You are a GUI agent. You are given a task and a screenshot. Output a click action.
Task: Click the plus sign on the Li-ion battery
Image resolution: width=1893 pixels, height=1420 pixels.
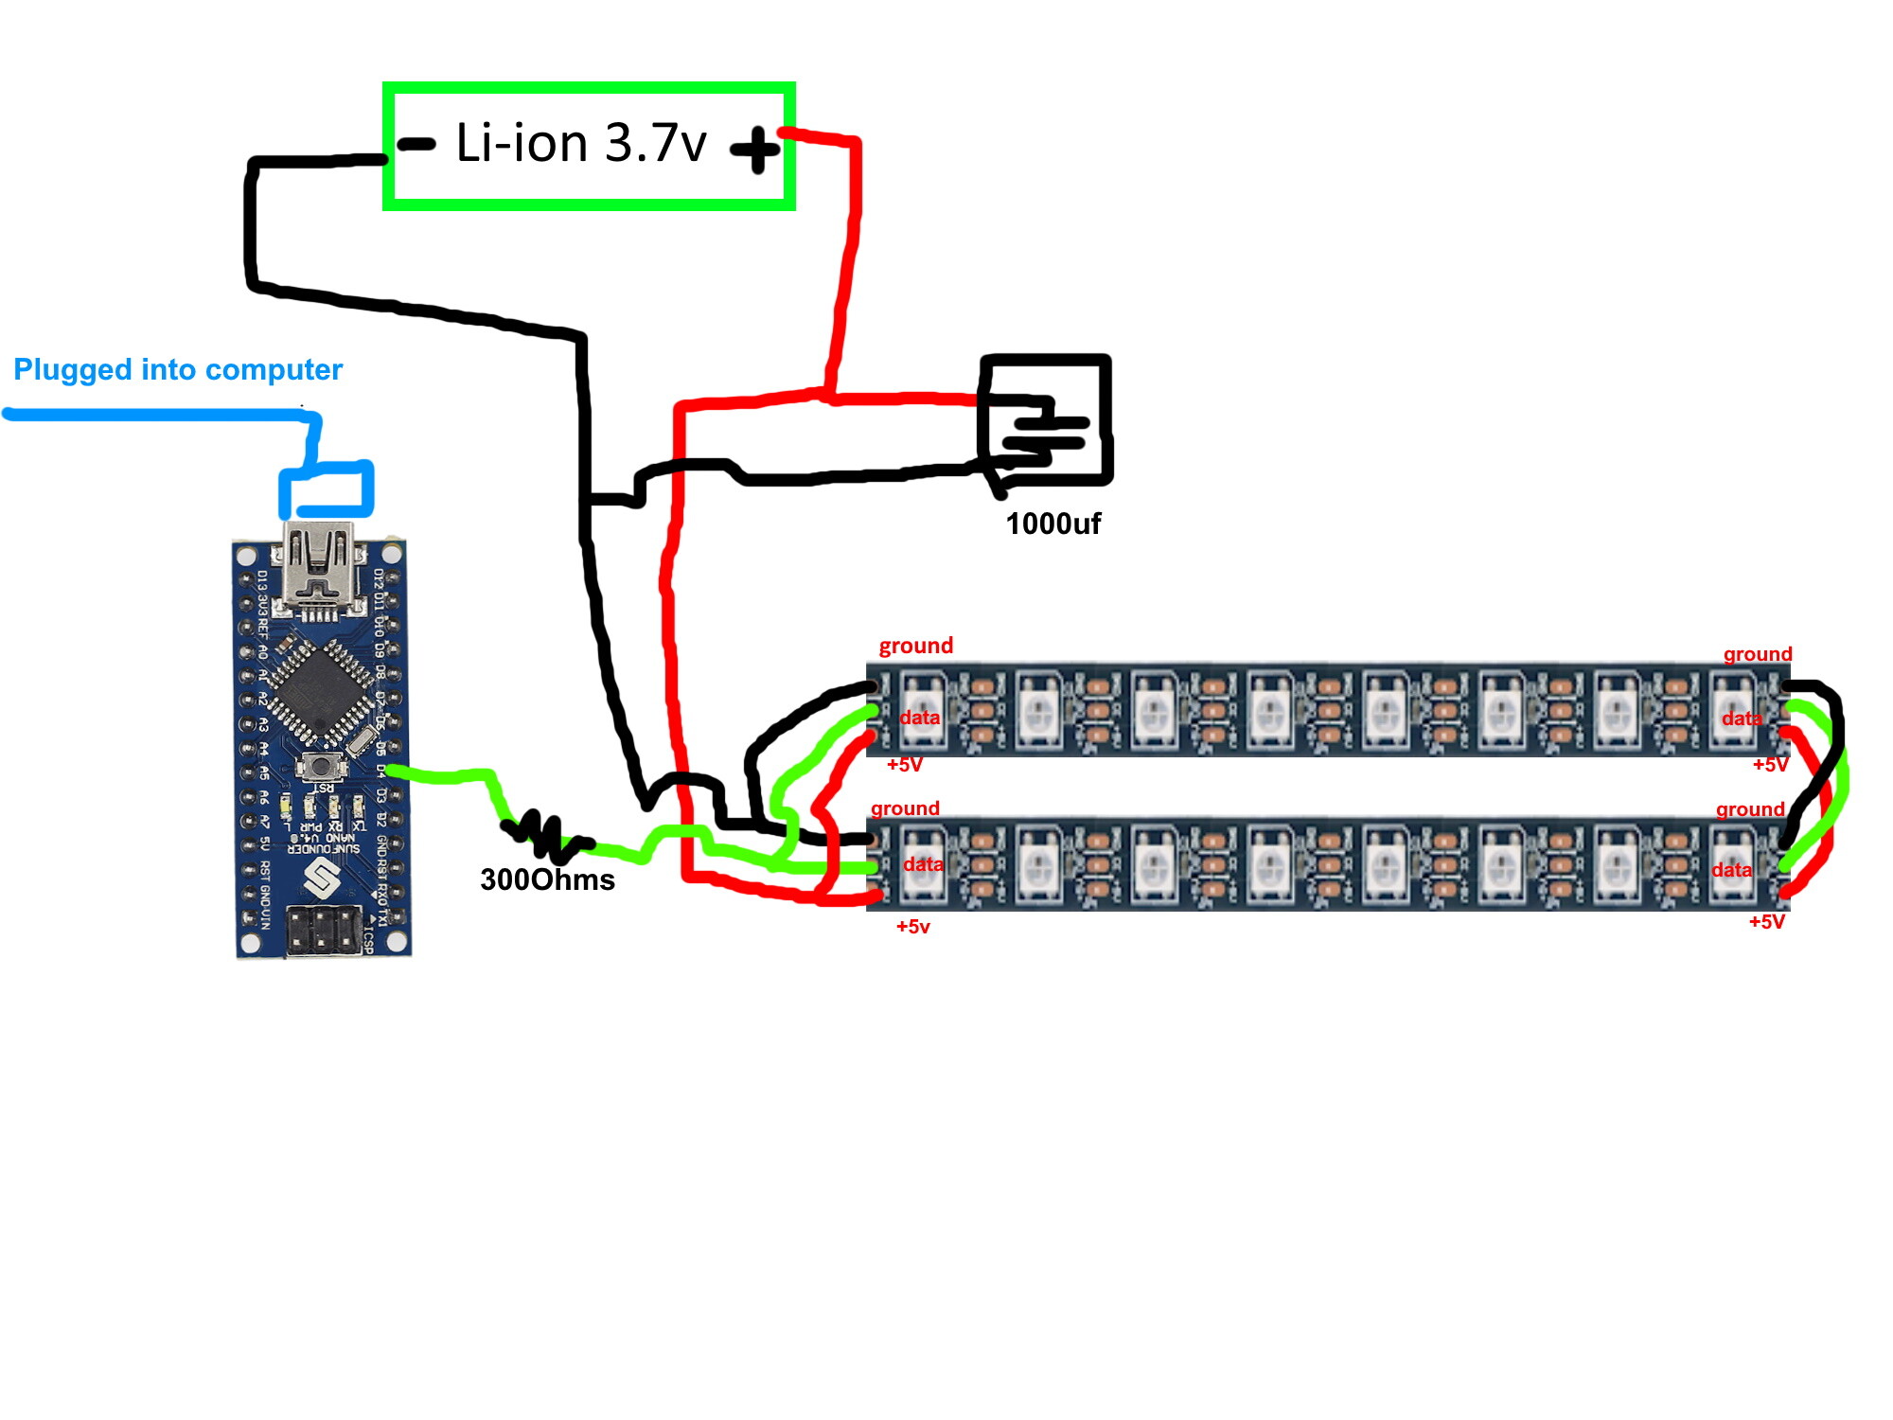755,150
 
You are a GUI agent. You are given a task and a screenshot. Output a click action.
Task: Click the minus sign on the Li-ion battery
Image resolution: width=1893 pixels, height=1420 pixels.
416,144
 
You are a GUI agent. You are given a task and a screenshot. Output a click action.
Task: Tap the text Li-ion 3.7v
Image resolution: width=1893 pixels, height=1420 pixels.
581,143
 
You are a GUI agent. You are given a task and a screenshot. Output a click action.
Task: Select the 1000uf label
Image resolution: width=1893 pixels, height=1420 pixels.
1053,524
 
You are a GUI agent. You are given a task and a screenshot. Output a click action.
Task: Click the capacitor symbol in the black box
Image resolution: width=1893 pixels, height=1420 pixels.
1044,432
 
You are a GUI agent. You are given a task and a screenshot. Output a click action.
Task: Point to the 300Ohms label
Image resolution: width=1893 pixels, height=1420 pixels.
547,879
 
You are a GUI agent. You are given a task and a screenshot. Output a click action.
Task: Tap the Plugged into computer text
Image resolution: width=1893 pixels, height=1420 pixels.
178,369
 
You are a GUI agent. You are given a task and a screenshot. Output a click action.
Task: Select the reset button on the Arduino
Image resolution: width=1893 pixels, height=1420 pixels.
322,766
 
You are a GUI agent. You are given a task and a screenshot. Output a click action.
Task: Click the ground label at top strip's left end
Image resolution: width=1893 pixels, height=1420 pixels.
915,646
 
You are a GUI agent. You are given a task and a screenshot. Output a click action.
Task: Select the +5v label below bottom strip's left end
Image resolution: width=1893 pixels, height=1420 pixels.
912,927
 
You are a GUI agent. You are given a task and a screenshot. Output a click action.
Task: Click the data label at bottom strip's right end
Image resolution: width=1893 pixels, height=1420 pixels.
1731,870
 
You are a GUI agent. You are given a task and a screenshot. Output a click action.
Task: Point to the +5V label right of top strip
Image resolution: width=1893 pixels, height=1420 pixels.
1770,765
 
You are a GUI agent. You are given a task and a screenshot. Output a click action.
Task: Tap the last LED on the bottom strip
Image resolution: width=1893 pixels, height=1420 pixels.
1732,861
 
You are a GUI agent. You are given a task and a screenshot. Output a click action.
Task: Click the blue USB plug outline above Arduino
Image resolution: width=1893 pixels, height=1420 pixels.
327,488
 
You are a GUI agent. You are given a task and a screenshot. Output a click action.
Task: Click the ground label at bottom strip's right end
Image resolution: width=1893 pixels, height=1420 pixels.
1750,809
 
